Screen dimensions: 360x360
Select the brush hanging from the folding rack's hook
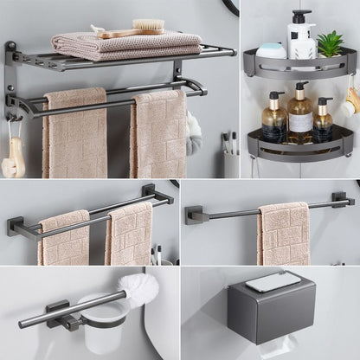(14, 157)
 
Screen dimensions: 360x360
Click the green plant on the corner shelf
(330, 43)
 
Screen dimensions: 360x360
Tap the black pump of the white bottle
(300, 16)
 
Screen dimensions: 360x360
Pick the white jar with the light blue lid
(271, 51)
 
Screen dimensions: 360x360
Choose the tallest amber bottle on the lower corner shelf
(300, 113)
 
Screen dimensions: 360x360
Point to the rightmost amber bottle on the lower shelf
(323, 120)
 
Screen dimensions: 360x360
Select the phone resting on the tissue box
(273, 281)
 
